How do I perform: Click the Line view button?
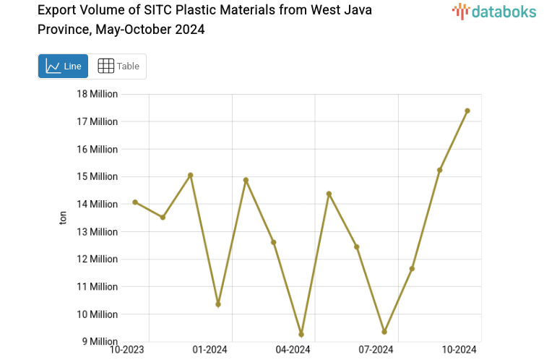64,66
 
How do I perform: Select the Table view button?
118,66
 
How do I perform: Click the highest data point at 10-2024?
467,111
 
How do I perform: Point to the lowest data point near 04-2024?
301,335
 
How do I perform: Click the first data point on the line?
135,202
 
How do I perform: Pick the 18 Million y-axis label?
98,94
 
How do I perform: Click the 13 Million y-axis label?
98,231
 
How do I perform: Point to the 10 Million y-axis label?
98,314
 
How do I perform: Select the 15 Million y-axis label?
98,176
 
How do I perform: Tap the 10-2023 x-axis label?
126,350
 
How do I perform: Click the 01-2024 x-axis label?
210,350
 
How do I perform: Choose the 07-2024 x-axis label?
376,350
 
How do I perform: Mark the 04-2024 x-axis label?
293,350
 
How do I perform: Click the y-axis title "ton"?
63,218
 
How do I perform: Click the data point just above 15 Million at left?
191,175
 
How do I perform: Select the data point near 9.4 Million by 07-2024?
384,332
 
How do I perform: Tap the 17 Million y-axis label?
98,121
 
